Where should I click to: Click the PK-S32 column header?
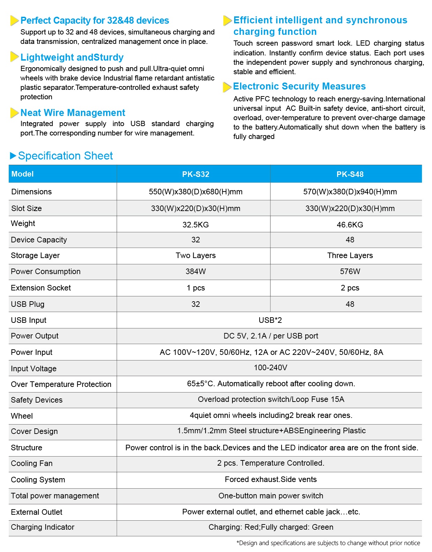point(195,174)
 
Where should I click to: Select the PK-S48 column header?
point(350,174)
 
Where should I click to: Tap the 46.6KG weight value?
point(350,225)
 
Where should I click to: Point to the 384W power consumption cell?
point(195,271)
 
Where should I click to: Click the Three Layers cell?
point(350,255)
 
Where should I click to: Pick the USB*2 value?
point(270,320)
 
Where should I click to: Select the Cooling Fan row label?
point(32,463)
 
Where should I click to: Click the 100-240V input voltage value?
point(270,367)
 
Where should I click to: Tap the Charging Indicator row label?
point(43,527)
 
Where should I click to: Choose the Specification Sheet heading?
point(65,156)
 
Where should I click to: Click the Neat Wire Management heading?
point(73,112)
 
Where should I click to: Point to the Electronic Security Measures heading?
point(299,86)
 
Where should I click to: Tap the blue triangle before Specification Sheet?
point(13,156)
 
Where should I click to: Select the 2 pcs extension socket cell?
point(350,288)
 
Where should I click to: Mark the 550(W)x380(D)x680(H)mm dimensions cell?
point(195,192)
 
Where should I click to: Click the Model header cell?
point(22,174)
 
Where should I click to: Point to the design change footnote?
point(328,543)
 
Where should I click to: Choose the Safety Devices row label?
point(37,400)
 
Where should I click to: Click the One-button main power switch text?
point(270,496)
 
